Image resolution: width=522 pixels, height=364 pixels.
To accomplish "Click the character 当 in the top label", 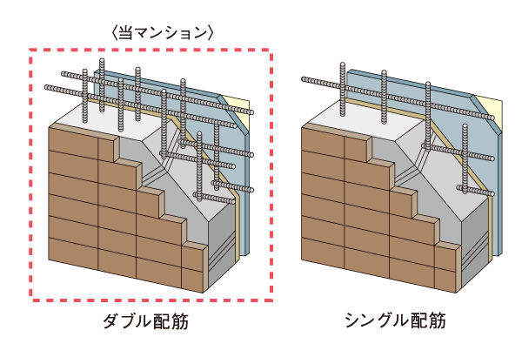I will (132, 32).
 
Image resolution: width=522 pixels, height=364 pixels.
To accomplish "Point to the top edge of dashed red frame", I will (152, 51).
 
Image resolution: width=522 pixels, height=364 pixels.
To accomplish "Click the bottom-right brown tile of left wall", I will (193, 278).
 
